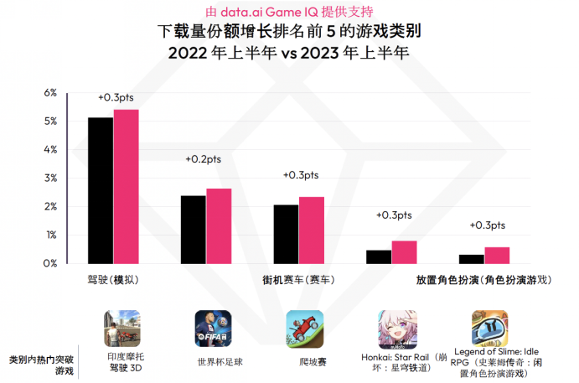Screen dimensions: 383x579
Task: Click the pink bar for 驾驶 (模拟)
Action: tap(127, 186)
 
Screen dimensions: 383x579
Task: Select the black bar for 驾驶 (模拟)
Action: tap(101, 190)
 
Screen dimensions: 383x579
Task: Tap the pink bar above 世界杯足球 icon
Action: tap(219, 225)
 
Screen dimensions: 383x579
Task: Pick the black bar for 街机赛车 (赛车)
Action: tap(286, 234)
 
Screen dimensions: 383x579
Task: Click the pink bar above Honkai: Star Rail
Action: tap(404, 252)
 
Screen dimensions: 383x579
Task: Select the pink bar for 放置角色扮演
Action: tap(497, 255)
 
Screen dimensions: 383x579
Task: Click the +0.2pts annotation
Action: tap(204, 159)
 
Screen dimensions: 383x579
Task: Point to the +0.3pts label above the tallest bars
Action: tap(116, 98)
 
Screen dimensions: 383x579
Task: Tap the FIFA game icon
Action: tap(213, 329)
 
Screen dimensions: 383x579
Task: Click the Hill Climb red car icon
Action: tap(304, 329)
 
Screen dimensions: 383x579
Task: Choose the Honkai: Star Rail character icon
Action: tap(397, 329)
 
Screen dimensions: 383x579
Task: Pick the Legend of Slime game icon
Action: tap(489, 328)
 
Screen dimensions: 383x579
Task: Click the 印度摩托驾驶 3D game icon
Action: tap(121, 329)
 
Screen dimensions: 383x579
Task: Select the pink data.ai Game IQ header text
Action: tap(289, 12)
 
